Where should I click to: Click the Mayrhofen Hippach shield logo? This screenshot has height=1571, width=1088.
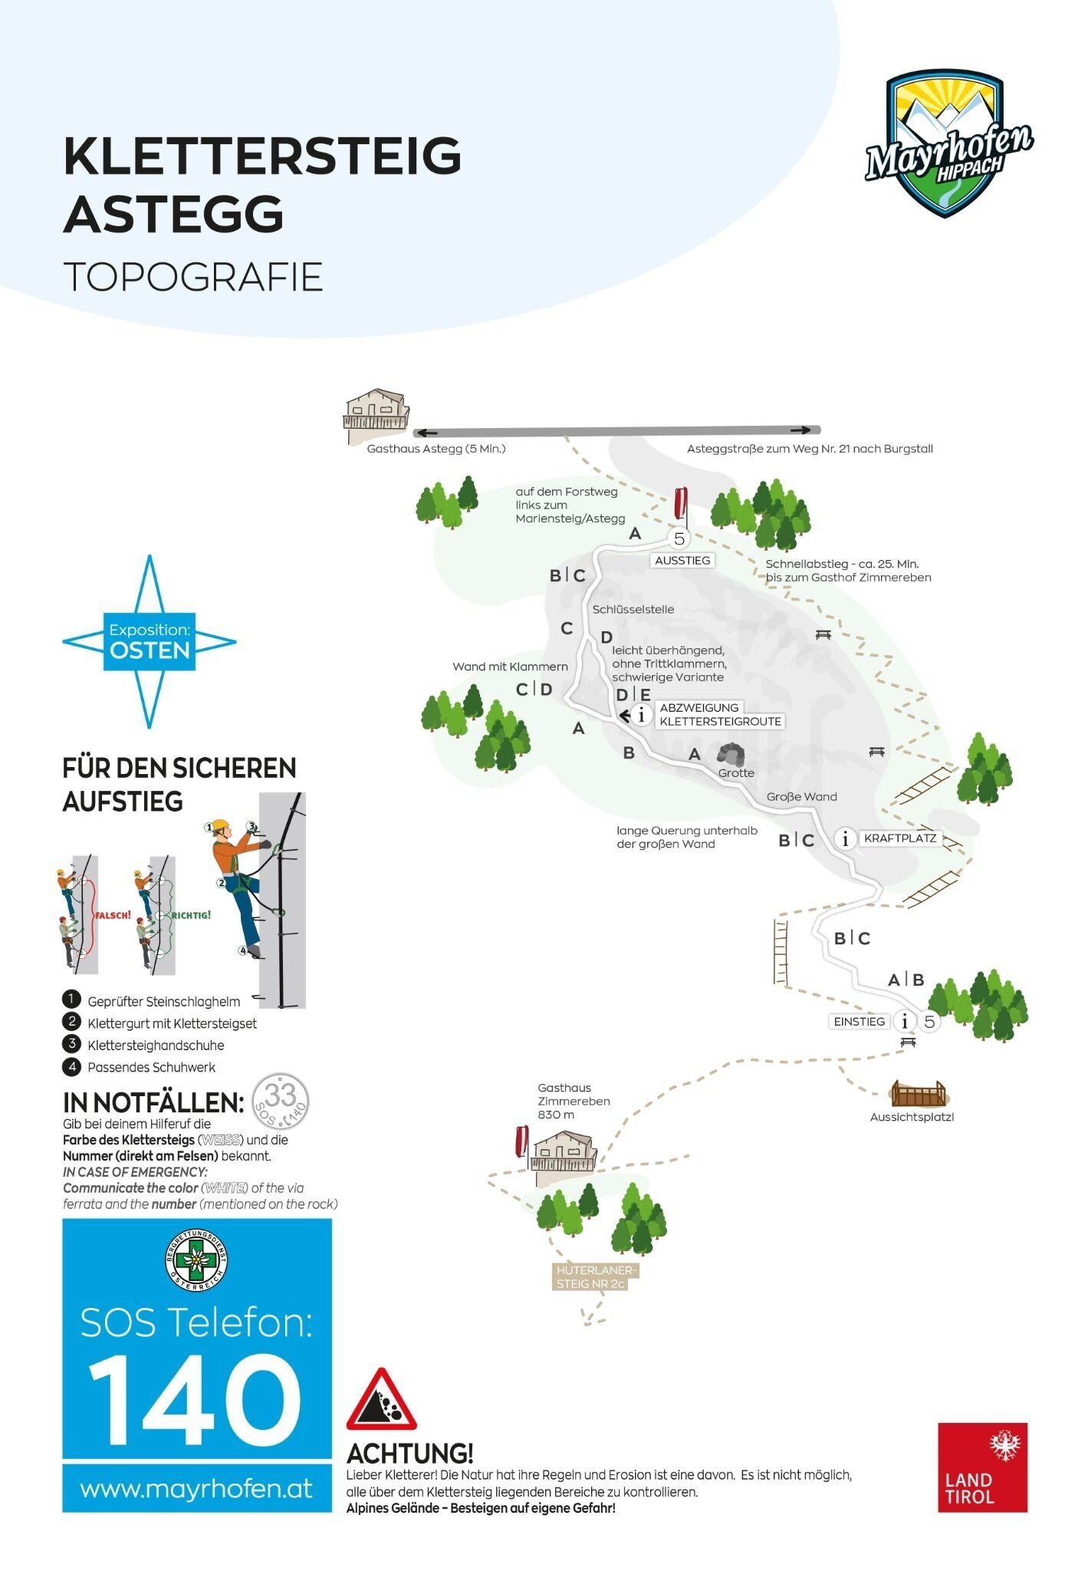click(949, 143)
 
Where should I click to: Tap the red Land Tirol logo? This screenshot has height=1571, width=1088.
click(982, 1467)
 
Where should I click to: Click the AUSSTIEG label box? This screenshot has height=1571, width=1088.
click(682, 560)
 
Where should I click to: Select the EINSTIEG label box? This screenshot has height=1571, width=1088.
click(860, 1021)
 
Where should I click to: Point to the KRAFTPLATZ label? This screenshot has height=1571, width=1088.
click(900, 838)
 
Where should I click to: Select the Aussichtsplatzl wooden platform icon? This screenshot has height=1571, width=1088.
click(919, 1093)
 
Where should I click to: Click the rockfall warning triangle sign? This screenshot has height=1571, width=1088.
click(381, 1401)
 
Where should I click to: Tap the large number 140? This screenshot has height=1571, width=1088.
click(195, 1401)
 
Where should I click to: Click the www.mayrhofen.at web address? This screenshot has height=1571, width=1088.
click(196, 1490)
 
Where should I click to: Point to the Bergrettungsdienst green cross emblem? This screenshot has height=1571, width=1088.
click(196, 1260)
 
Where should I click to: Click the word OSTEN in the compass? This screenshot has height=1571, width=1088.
click(150, 650)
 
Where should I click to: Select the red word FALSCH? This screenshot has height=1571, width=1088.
click(113, 915)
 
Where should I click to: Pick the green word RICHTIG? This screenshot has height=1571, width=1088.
click(191, 915)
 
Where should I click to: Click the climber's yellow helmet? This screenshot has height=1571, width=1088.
click(221, 827)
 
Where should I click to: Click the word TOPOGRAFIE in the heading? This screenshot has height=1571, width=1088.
click(192, 277)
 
